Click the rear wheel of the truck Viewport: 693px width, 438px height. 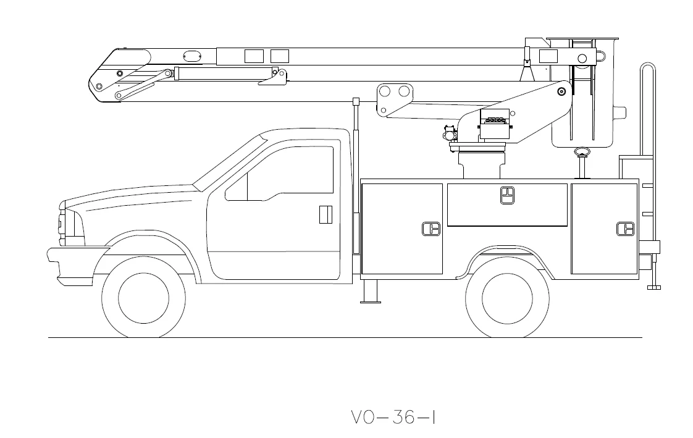507,297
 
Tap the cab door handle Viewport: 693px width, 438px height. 326,214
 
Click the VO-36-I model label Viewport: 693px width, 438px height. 393,418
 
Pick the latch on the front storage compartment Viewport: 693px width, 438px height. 430,229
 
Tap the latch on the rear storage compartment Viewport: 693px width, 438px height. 626,229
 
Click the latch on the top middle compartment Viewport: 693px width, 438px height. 507,195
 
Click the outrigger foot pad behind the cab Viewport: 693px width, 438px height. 371,301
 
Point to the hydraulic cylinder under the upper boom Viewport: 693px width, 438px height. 216,74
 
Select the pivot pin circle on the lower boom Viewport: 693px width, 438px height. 561,91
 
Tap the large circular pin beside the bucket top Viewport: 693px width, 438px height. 582,58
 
